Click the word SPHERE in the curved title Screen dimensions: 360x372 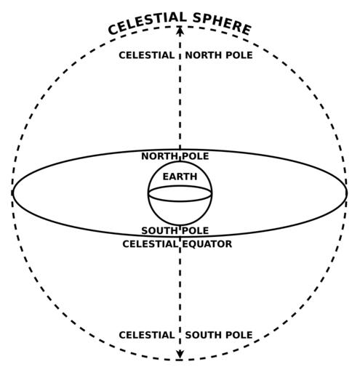(222, 24)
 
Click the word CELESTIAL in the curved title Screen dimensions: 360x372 (147, 23)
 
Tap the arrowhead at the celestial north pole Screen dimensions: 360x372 (180, 30)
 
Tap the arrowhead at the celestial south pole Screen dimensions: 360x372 (180, 355)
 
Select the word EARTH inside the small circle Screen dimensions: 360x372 (180, 177)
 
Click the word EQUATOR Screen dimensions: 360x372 (207, 244)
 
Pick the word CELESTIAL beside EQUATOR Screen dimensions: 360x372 (150, 244)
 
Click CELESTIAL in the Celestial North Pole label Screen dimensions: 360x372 (146, 55)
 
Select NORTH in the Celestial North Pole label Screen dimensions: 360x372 (204, 55)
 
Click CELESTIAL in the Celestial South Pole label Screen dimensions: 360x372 (146, 335)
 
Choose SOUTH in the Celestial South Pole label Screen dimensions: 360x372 (204, 335)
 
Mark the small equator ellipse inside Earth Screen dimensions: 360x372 (180, 201)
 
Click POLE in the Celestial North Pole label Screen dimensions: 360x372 (239, 55)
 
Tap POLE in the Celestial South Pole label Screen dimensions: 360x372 (239, 335)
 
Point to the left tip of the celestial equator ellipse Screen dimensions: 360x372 (12, 193)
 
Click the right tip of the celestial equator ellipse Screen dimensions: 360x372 (347, 193)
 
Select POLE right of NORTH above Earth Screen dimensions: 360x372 (195, 156)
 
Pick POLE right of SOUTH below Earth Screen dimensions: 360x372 (195, 230)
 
